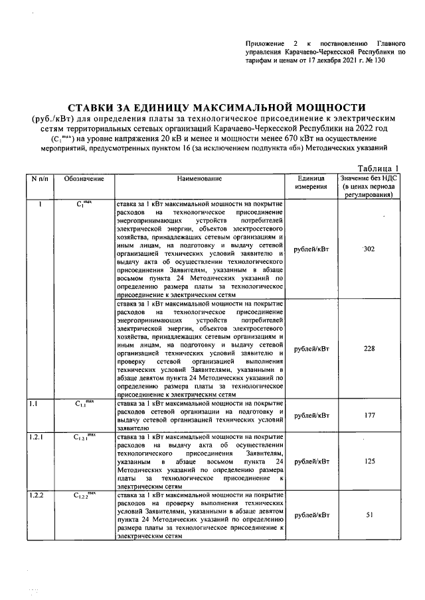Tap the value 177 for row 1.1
click(x=370, y=415)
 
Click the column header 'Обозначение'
click(x=84, y=179)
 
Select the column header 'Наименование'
click(x=199, y=179)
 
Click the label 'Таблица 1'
click(x=379, y=168)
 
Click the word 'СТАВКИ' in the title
click(x=94, y=107)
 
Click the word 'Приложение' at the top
click(x=264, y=41)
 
